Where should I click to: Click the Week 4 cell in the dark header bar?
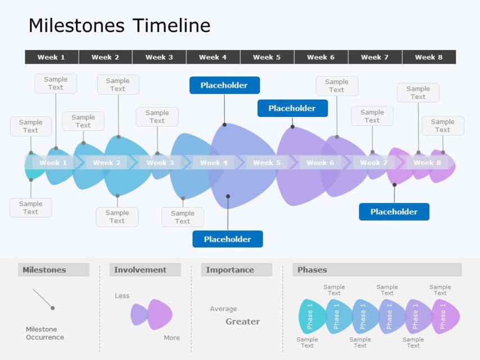[213, 57]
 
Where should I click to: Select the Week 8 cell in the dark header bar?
[429, 57]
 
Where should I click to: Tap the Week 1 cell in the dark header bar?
[51, 57]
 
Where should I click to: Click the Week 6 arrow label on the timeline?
[320, 163]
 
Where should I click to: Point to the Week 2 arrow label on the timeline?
[106, 163]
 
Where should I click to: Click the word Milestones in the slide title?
[77, 25]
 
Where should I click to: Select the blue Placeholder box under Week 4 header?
[225, 85]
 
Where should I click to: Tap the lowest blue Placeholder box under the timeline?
[227, 239]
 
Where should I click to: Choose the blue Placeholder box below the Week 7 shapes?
[394, 211]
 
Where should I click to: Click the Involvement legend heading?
[140, 269]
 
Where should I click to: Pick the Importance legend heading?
[230, 269]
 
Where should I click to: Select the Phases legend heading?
[312, 269]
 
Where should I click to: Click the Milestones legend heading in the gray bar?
[44, 269]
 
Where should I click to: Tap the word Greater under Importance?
[243, 321]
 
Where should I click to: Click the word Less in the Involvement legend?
[122, 296]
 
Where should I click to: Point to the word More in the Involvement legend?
[172, 337]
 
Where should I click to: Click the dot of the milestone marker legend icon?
[53, 308]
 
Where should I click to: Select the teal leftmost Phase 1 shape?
[312, 317]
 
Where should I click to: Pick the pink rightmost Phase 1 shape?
[446, 317]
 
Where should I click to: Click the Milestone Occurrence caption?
[45, 333]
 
